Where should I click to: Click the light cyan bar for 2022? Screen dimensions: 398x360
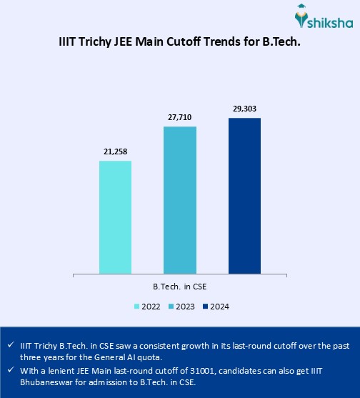115,217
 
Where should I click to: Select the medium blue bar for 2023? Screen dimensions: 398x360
180,200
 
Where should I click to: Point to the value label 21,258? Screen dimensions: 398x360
115,152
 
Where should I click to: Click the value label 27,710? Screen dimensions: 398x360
180,117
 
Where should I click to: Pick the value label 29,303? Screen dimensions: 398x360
244,109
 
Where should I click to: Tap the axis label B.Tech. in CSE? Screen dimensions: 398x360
180,286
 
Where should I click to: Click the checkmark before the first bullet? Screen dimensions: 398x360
9,344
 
